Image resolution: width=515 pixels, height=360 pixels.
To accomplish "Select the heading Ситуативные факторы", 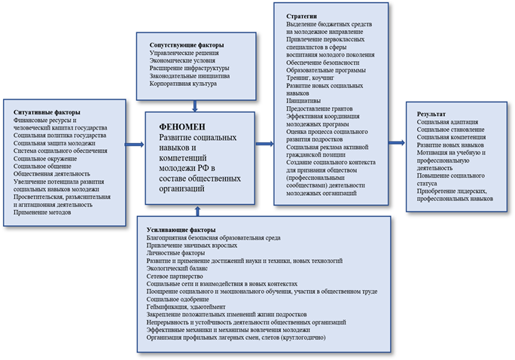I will coord(45,111).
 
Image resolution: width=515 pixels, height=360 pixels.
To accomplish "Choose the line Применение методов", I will coord(43,212).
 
